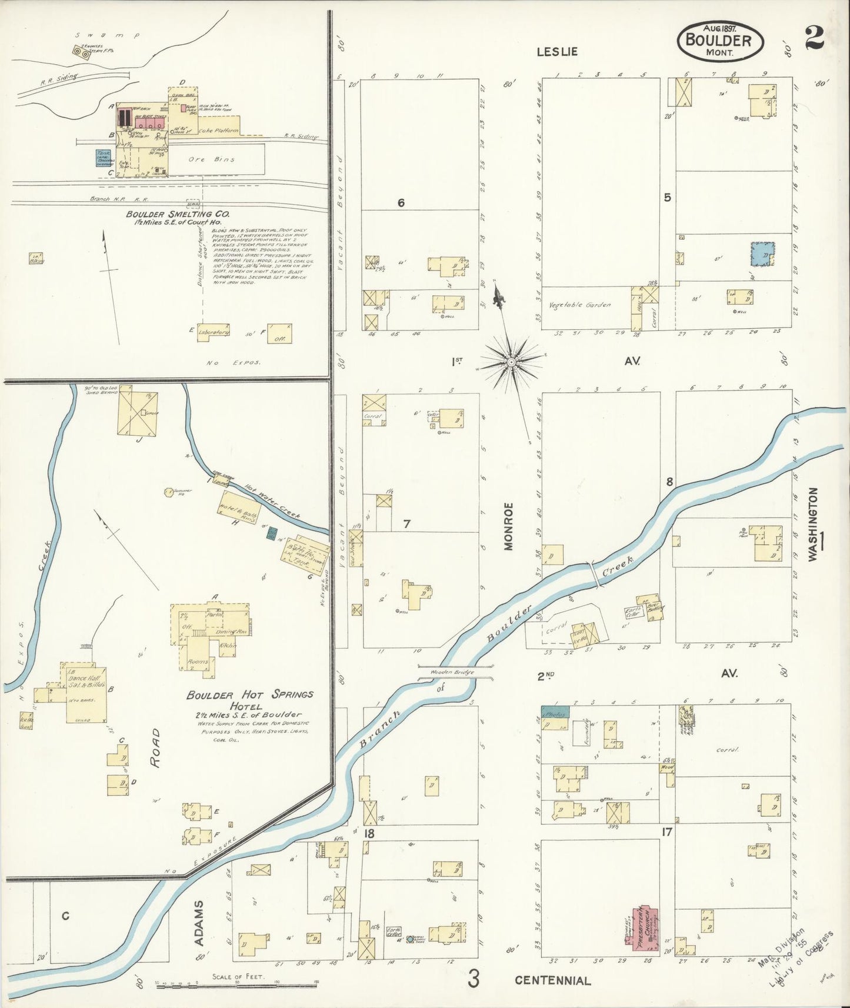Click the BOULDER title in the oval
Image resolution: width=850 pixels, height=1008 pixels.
point(721,41)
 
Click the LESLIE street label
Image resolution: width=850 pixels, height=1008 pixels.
point(556,52)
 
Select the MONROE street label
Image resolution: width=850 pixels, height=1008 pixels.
point(508,526)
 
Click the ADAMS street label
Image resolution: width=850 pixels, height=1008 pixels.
point(199,923)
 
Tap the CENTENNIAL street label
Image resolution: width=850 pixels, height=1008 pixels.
point(552,980)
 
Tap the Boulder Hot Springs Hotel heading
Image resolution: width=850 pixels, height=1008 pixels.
point(249,699)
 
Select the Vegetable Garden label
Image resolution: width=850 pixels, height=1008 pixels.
point(579,305)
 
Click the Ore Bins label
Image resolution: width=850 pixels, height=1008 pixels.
point(219,159)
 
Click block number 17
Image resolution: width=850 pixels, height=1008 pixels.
point(666,832)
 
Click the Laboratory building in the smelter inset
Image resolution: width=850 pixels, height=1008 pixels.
point(213,332)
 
